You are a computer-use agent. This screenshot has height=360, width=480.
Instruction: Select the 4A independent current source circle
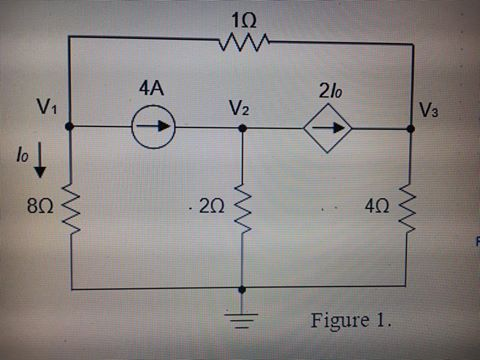point(155,127)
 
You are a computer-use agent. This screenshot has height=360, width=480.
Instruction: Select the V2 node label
point(239,107)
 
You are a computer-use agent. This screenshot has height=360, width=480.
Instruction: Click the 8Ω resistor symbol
point(70,208)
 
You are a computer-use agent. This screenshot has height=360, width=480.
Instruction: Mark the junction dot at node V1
point(69,127)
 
